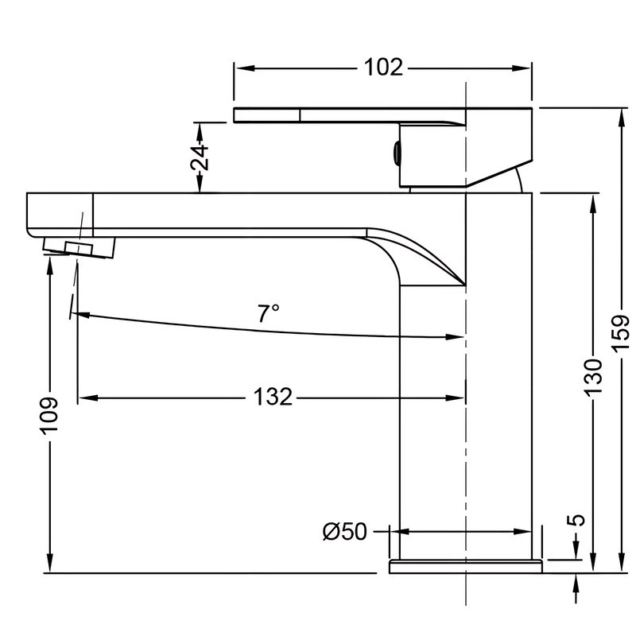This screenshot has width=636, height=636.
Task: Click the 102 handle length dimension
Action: pyautogui.click(x=382, y=68)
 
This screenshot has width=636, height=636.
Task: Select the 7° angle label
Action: pyautogui.click(x=269, y=312)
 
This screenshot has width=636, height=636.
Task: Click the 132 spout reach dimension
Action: pyautogui.click(x=273, y=396)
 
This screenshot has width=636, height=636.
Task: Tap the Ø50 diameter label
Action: pyautogui.click(x=344, y=531)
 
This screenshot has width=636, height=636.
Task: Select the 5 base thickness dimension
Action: pyautogui.click(x=578, y=520)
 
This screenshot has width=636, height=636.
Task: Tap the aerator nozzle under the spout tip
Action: pyautogui.click(x=79, y=247)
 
